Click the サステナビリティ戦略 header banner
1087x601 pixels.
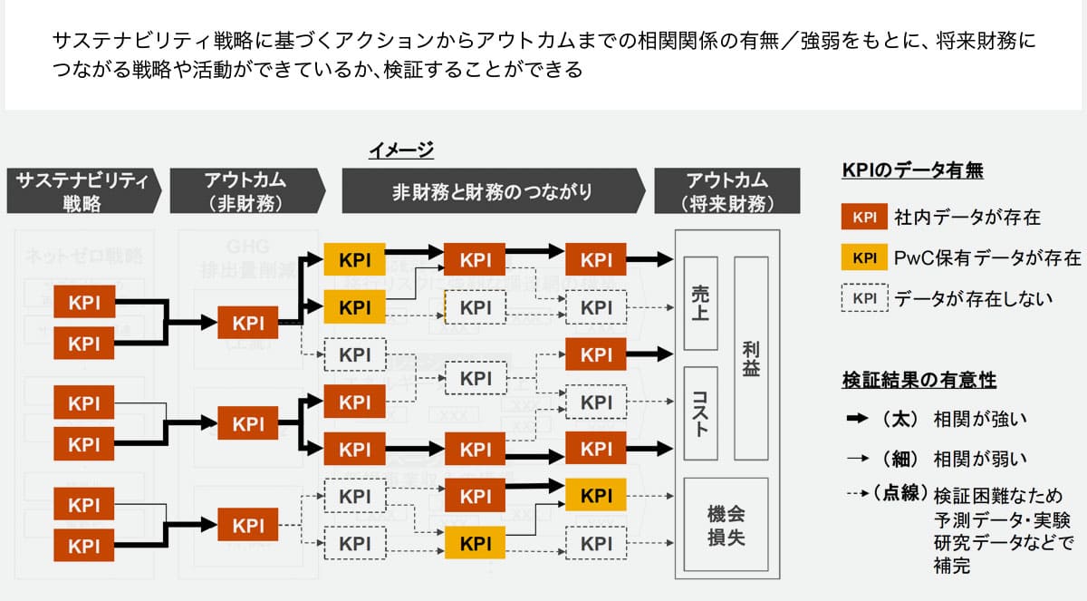point(82,191)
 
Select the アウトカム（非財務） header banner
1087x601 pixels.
point(247,191)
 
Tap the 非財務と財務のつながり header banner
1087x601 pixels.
point(492,191)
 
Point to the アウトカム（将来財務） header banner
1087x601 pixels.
point(726,191)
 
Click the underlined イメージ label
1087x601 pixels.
point(400,150)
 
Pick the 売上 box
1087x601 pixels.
point(700,303)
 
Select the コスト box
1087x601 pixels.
point(700,413)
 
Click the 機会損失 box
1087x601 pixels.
point(726,525)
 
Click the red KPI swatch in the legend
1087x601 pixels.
point(864,217)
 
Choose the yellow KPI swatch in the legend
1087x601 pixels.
point(864,258)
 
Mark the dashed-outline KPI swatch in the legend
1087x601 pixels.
point(864,298)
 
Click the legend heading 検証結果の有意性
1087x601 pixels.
point(919,380)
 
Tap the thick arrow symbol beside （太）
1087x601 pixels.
point(855,419)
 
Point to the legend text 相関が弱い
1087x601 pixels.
point(980,459)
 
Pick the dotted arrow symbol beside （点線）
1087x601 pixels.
point(855,495)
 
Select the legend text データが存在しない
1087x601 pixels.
point(974,298)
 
